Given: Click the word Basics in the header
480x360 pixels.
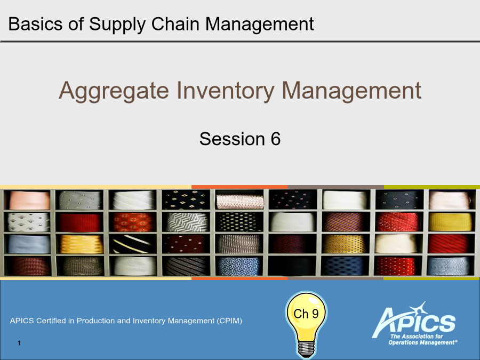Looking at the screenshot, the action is pyautogui.click(x=35, y=24).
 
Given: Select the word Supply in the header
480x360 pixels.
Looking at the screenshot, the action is pyautogui.click(x=117, y=25).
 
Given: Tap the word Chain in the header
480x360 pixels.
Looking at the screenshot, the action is pyautogui.click(x=175, y=24).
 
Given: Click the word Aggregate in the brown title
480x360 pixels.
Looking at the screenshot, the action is pyautogui.click(x=114, y=91).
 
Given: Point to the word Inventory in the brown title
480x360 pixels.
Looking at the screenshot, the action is pyautogui.click(x=225, y=91).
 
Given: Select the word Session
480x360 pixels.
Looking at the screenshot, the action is pyautogui.click(x=232, y=139).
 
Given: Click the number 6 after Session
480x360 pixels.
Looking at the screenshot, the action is pyautogui.click(x=276, y=139).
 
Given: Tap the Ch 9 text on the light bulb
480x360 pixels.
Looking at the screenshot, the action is pyautogui.click(x=306, y=314).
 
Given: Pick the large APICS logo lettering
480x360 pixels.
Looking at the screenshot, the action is pyautogui.click(x=414, y=320).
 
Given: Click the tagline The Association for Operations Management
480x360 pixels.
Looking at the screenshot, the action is pyautogui.click(x=423, y=340).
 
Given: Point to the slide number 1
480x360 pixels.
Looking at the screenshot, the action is pyautogui.click(x=19, y=343).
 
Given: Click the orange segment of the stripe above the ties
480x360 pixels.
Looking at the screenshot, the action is pyautogui.click(x=239, y=187).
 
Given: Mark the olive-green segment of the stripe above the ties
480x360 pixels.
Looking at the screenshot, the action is pyautogui.click(x=432, y=187).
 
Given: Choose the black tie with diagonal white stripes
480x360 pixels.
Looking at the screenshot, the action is pyautogui.click(x=133, y=244).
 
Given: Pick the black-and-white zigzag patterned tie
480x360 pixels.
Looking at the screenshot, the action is pyautogui.click(x=187, y=222).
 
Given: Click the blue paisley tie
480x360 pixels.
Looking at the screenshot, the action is pyautogui.click(x=239, y=266).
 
